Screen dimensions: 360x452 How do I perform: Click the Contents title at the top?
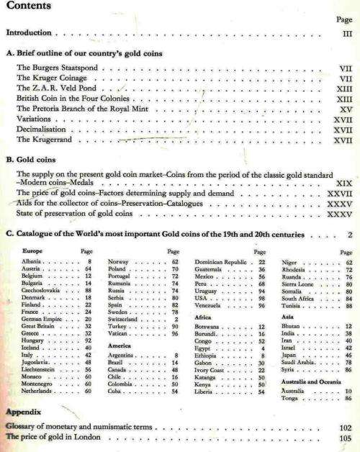[x=27, y=6]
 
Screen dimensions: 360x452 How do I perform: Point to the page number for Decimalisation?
[x=342, y=130]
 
